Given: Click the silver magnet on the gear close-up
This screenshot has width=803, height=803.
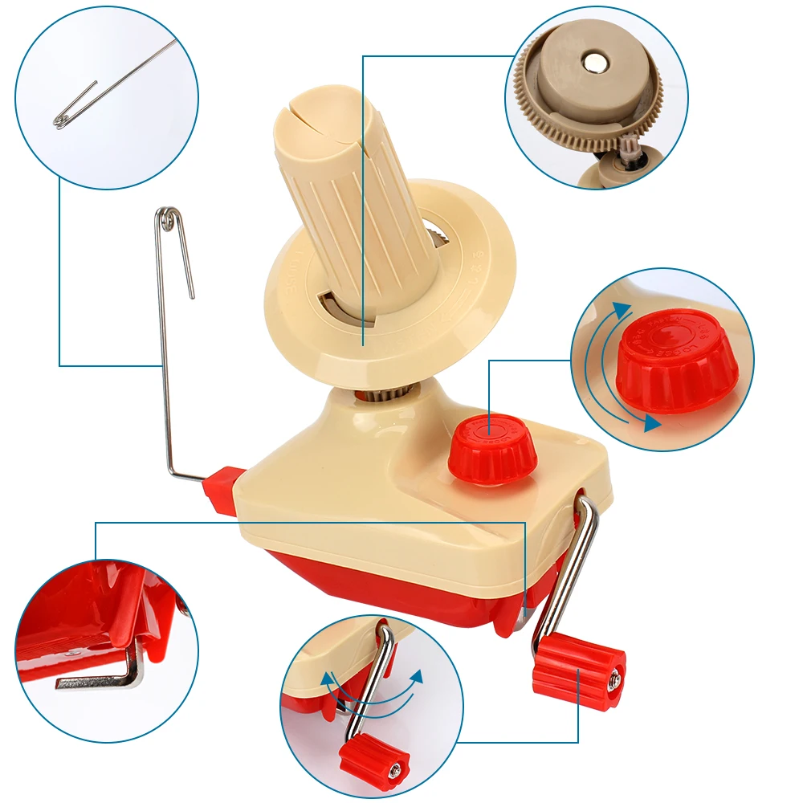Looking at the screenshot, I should (x=594, y=61).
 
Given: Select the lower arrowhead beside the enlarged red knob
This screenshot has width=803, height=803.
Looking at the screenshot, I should (x=652, y=422).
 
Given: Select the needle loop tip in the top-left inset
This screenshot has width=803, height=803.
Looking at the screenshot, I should (x=61, y=121).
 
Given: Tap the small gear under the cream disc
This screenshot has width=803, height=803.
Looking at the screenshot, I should (x=393, y=391).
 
